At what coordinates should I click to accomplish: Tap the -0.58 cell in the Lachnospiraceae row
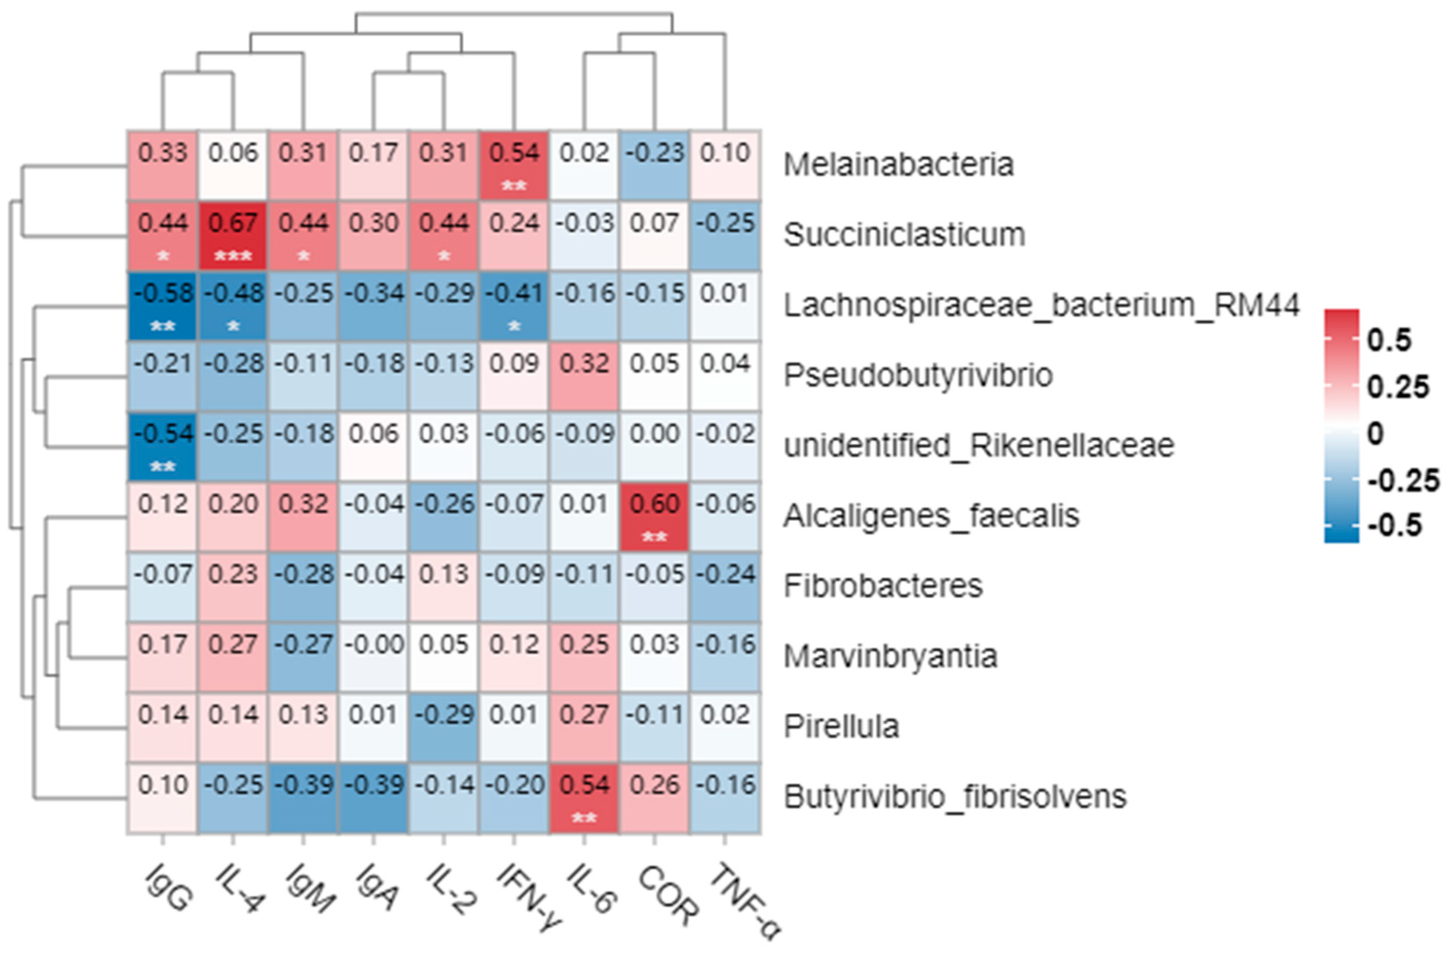162,305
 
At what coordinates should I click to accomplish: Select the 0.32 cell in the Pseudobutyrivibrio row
584,375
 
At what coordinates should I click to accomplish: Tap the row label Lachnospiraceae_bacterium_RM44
1041,305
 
